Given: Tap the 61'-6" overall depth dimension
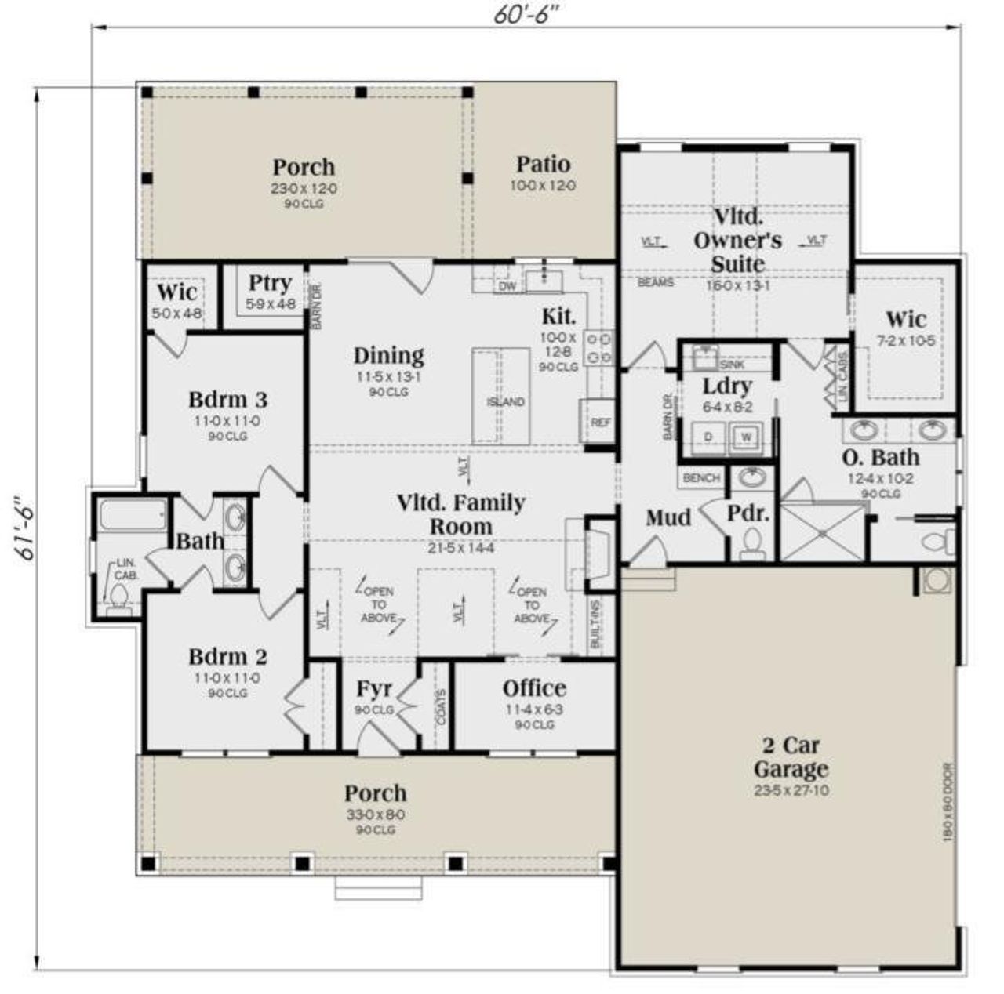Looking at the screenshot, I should tap(25, 528).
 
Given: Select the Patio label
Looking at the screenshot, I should tap(543, 165).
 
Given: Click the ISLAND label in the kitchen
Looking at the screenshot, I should tap(505, 402).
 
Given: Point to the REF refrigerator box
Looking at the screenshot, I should tap(600, 422).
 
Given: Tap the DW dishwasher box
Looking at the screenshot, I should tap(508, 286).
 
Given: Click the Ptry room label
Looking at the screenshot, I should tap(270, 283).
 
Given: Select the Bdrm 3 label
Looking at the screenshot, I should tap(227, 400).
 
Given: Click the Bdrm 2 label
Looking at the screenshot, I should tap(227, 657).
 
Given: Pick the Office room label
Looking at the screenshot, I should tap(534, 688).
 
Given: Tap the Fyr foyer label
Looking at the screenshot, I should tap(374, 689).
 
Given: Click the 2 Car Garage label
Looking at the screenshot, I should tap(791, 756).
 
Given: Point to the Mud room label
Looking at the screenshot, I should tap(668, 517).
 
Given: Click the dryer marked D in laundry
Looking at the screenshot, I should tap(708, 437).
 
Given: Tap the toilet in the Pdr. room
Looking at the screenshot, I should tap(752, 543).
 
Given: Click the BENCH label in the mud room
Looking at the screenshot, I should tap(701, 477).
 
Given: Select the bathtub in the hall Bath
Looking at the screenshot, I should tap(133, 517).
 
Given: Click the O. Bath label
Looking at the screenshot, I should tap(881, 457).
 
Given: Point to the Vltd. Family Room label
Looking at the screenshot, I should tap(460, 513).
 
